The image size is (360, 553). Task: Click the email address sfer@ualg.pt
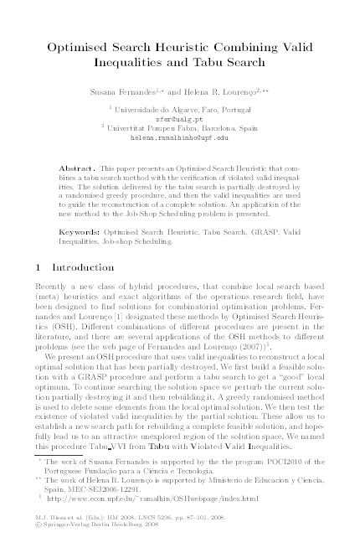coord(180,119)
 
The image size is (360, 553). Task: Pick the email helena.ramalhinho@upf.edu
coord(180,137)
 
